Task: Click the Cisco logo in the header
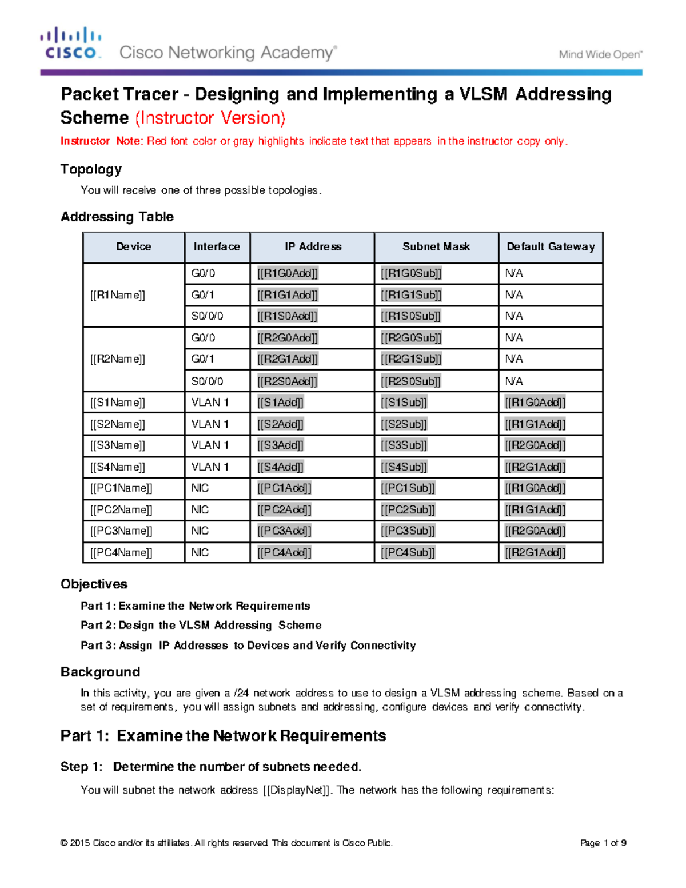(71, 43)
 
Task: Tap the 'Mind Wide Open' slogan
(600, 54)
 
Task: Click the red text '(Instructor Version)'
(210, 118)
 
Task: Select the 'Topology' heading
(91, 169)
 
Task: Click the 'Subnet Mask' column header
(436, 246)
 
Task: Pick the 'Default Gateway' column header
(551, 246)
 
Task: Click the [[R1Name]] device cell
(118, 295)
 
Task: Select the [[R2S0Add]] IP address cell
(287, 381)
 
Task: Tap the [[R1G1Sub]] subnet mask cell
(411, 295)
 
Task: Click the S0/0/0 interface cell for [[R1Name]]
(207, 316)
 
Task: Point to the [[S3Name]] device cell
(118, 445)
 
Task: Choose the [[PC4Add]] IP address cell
(284, 553)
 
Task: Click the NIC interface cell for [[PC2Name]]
(200, 510)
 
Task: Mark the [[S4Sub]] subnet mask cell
(404, 467)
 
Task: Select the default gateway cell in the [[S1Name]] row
(535, 403)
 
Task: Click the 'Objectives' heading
(94, 584)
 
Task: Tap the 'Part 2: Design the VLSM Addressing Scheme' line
(201, 625)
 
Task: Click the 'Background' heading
(100, 672)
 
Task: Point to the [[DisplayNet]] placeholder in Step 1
(297, 790)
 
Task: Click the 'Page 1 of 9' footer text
(603, 843)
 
